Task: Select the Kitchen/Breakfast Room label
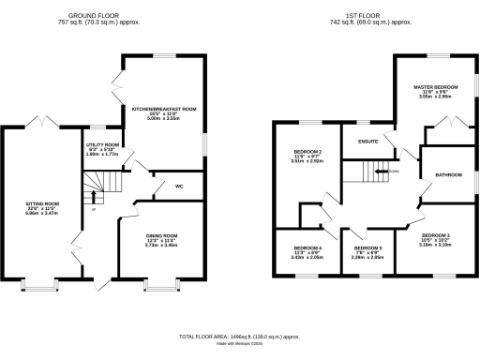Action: [x=164, y=109]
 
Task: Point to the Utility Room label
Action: [x=103, y=145]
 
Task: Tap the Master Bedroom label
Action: [x=435, y=86]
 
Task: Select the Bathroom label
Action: [x=448, y=174]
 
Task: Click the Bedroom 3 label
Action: [x=435, y=234]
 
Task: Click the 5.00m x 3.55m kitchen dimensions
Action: [x=164, y=120]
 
